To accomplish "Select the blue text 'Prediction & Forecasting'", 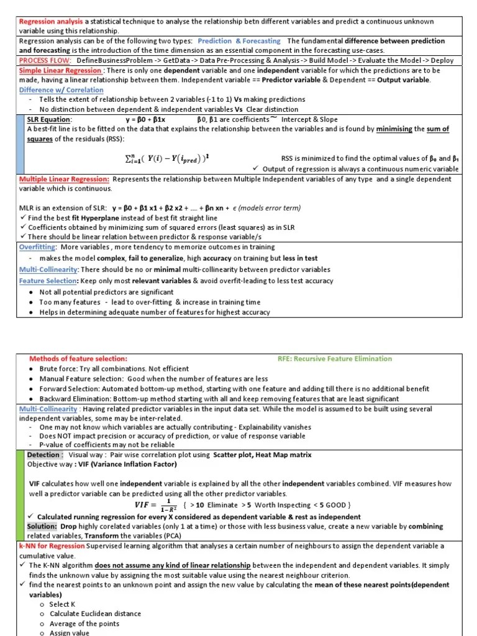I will pyautogui.click(x=239, y=41).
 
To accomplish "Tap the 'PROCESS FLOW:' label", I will pyautogui.click(x=45, y=60).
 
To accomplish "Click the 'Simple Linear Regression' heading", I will pyautogui.click(x=60, y=70).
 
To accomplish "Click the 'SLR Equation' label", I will pyautogui.click(x=49, y=119).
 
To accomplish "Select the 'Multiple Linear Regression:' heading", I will pyautogui.click(x=65, y=179).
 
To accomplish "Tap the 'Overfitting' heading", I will pyautogui.click(x=38, y=247).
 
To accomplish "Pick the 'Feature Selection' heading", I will pyautogui.click(x=47, y=281).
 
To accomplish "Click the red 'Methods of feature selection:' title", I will pyautogui.click(x=78, y=358).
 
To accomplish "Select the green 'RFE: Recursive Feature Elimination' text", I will pyautogui.click(x=335, y=358).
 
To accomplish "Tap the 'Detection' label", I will pyautogui.click(x=44, y=455).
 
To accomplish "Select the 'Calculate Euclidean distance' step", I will pyautogui.click(x=95, y=614).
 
